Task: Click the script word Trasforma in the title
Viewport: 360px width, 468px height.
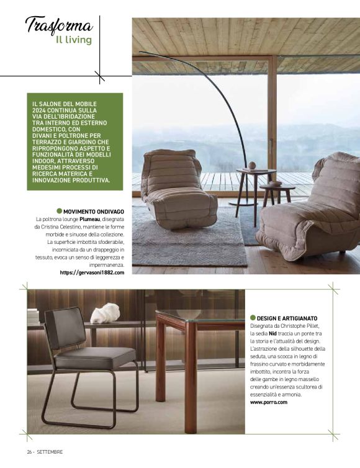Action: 59,25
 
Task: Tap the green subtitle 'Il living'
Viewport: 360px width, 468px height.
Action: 73,40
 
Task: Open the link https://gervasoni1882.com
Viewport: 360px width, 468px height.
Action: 92,272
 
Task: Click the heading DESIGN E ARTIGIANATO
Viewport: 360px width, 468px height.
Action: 287,318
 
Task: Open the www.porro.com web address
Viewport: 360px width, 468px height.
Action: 269,402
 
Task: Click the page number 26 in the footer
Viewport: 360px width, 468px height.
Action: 29,451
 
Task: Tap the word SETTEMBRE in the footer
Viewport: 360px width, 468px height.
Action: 49,451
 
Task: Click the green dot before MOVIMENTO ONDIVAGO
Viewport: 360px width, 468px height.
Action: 60,211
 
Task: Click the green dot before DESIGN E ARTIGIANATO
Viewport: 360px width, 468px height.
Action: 253,318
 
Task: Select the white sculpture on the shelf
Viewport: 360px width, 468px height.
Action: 105,313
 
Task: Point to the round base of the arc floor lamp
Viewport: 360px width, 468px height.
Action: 243,202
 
